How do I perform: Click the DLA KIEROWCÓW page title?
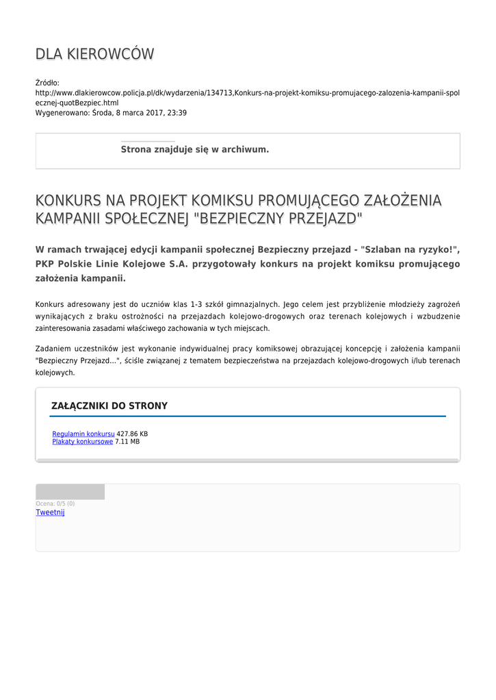(94, 54)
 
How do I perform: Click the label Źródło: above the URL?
(47, 83)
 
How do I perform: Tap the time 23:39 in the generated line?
(177, 113)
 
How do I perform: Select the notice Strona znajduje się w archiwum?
(195, 149)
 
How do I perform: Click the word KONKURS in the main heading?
(68, 200)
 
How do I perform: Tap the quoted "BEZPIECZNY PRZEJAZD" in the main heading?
(278, 219)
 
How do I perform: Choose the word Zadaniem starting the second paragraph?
(53, 348)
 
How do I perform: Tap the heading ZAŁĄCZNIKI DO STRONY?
(109, 406)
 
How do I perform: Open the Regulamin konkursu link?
(83, 434)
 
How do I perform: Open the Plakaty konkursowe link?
(83, 442)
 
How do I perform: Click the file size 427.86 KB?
(132, 434)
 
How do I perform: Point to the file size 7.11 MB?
(127, 442)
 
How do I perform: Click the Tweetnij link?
(50, 513)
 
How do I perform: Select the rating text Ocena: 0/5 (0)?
(55, 504)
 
